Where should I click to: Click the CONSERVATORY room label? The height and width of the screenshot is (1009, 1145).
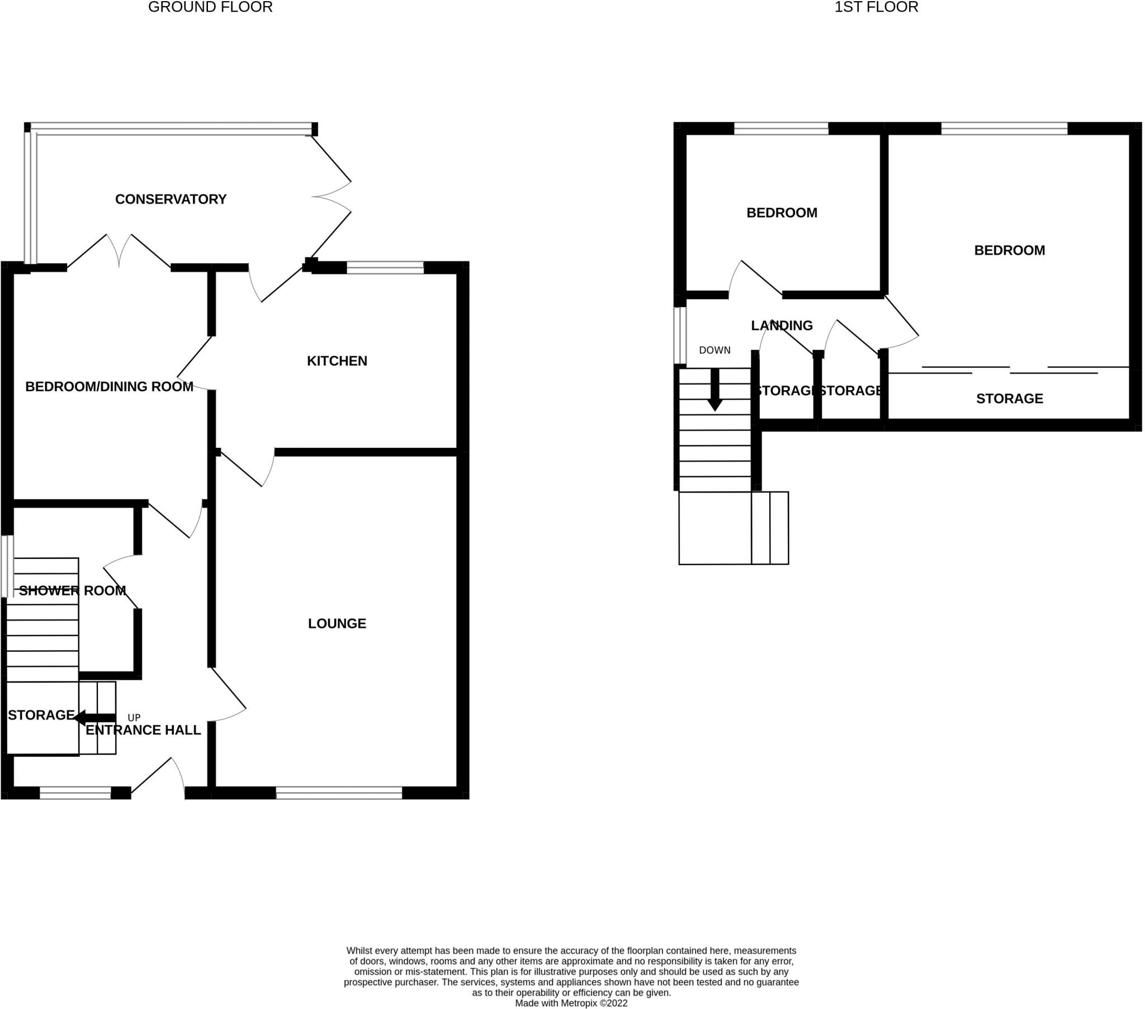coord(171,200)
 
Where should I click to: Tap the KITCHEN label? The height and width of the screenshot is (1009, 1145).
coord(337,361)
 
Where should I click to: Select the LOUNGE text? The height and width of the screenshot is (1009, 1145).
coord(337,623)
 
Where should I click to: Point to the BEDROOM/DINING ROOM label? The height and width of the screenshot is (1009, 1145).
coord(109,387)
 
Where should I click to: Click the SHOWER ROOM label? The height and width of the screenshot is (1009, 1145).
coord(72,590)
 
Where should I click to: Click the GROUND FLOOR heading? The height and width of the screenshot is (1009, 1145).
coord(210,7)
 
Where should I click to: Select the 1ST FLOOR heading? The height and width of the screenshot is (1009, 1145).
coord(876,7)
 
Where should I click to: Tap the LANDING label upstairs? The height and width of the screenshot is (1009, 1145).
coord(782,325)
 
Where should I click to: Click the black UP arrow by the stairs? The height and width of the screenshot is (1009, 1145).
coord(94,718)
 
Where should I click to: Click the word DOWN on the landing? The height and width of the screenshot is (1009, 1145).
coord(714,350)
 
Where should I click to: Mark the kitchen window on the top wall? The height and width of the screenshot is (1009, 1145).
coord(385,267)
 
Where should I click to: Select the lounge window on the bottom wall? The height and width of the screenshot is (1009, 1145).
coord(339,793)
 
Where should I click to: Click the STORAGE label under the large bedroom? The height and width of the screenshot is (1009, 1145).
coord(1010,399)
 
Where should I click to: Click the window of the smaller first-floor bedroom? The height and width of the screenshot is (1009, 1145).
coord(781,129)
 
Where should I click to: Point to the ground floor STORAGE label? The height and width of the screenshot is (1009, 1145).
coord(41,715)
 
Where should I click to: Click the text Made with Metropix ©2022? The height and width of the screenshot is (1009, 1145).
coord(571,1003)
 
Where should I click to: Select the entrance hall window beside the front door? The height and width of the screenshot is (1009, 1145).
coord(75,793)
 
